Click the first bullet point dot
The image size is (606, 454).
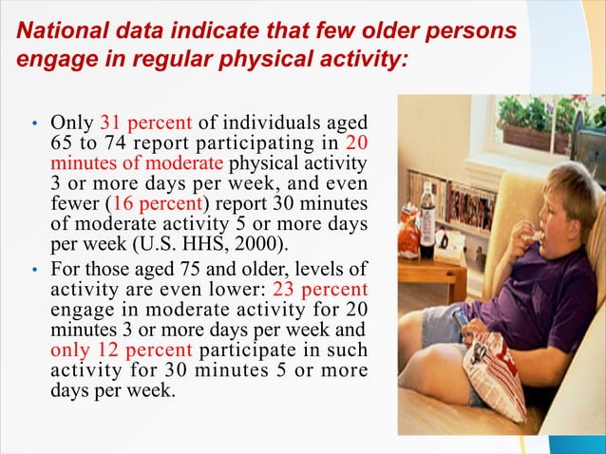(34, 124)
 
